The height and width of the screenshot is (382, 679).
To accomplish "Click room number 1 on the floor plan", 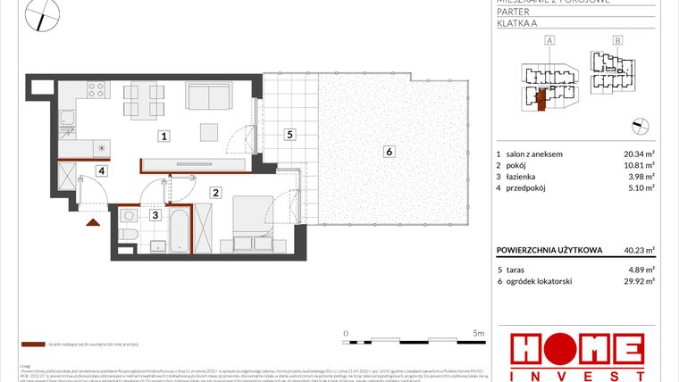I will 163,137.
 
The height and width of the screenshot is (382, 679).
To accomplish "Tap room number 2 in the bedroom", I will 216,191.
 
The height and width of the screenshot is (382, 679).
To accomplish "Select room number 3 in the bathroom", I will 155,215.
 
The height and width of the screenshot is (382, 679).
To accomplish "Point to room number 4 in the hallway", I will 102,170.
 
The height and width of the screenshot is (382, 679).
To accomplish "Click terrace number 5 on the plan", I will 289,135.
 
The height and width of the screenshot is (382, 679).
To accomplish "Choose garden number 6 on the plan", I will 389,152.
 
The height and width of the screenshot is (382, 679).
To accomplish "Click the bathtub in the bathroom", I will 180,230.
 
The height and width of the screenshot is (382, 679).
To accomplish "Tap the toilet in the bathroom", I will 128,235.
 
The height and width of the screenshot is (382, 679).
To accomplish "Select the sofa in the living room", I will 209,95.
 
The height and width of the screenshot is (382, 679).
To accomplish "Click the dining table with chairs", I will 143,100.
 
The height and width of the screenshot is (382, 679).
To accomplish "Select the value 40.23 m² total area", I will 639,250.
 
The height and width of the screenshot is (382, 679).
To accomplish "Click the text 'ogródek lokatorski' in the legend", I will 541,281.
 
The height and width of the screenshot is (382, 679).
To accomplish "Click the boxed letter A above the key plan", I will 549,40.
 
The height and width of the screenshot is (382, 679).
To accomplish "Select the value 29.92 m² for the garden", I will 639,281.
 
